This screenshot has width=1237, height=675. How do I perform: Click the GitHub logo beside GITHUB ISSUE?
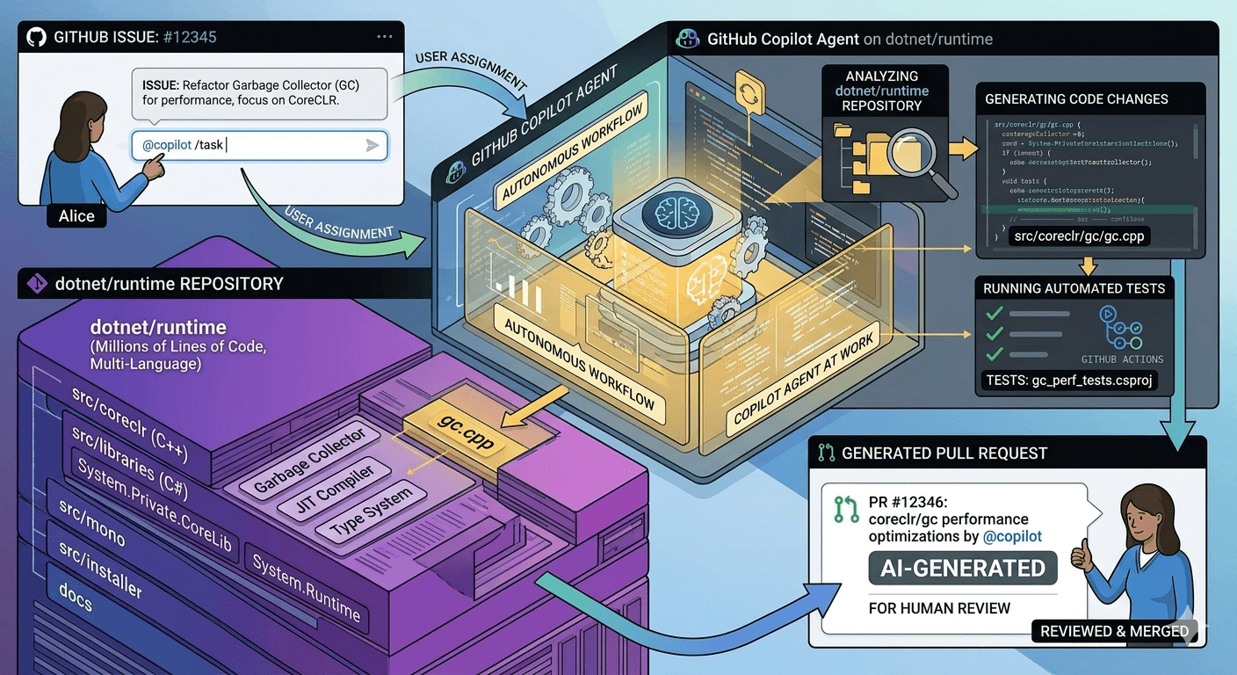coord(36,37)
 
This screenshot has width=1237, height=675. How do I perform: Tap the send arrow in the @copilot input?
coord(373,146)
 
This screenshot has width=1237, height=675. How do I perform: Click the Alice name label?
coord(76,216)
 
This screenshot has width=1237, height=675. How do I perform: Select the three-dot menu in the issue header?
coord(384,37)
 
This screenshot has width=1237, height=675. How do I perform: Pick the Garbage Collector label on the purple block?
coord(309,461)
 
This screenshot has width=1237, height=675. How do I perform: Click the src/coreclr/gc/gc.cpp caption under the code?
coord(1080,236)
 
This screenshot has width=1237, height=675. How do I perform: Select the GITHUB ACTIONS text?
coord(1122,359)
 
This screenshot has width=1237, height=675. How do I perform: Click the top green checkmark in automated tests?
coord(995,314)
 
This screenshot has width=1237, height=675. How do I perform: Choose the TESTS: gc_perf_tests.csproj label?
coord(1067,381)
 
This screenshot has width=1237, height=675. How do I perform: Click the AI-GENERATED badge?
coord(963,569)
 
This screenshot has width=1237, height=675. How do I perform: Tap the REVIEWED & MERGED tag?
coord(1114,631)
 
